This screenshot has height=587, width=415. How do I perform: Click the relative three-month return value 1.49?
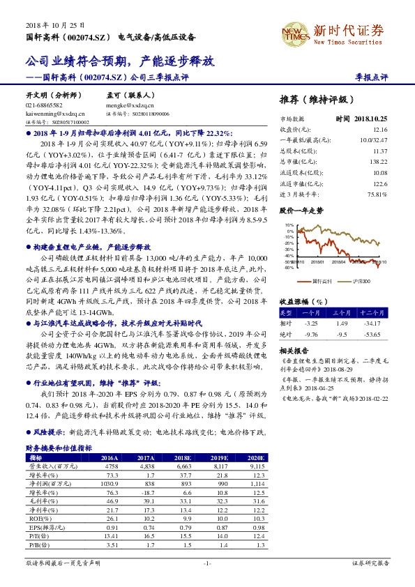(x=341, y=323)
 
